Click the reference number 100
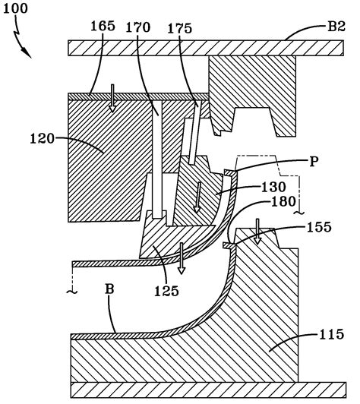15,8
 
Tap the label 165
103,26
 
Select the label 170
138,27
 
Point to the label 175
179,28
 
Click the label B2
336,27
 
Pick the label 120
43,139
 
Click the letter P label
314,162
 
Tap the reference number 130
273,188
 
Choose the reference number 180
283,202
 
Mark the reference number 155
319,227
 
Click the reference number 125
166,292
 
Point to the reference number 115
331,334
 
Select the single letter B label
109,289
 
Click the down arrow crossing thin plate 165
112,98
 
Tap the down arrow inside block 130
197,197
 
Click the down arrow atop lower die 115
257,232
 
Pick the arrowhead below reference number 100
27,52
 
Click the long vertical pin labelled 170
157,159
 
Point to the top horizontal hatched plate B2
206,48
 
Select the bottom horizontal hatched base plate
208,390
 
